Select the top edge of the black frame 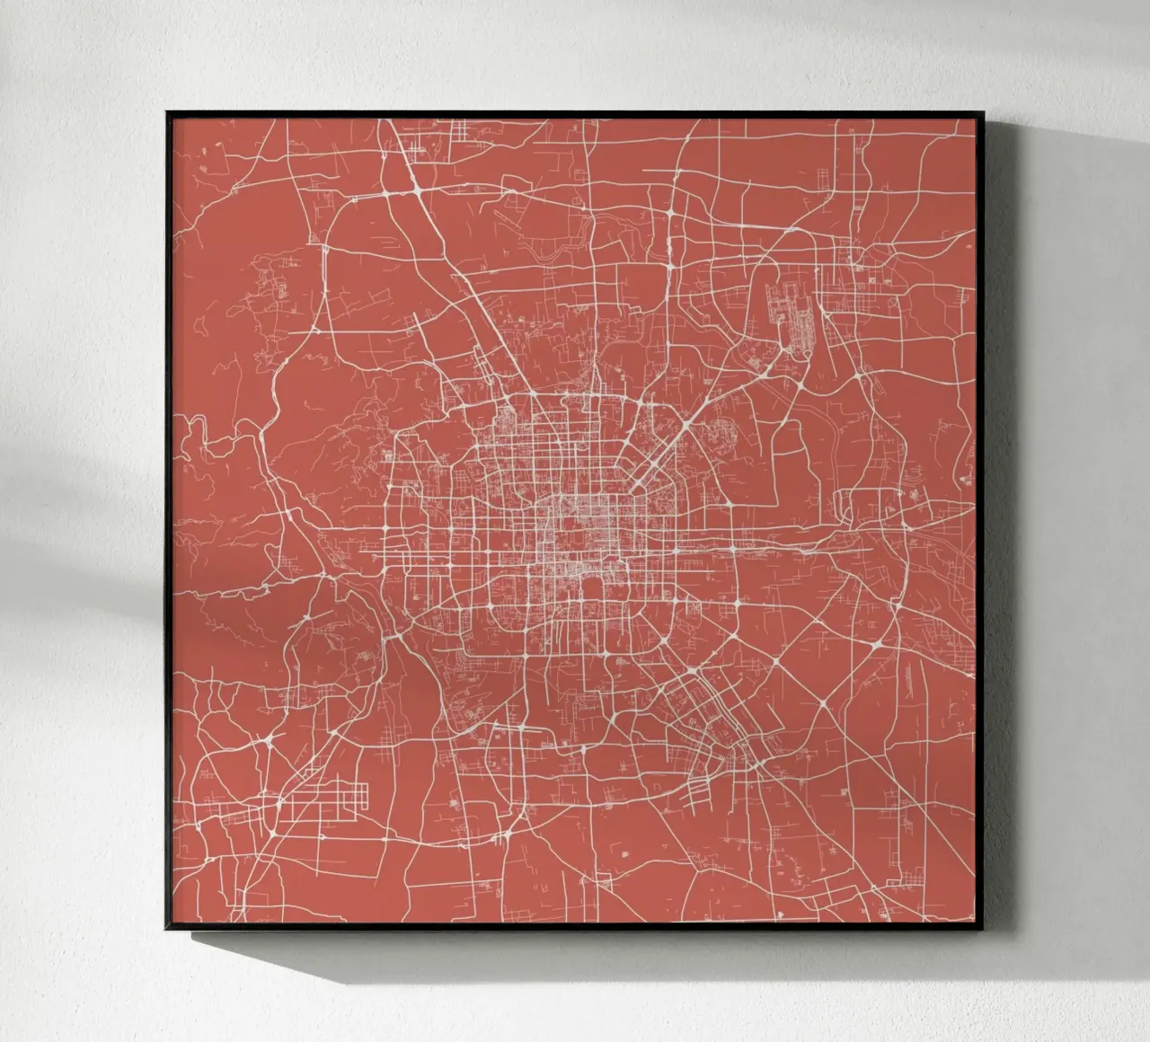(x=575, y=112)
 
